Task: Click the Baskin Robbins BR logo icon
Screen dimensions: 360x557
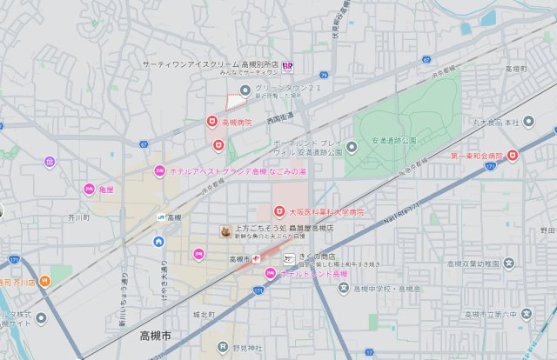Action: coord(286,67)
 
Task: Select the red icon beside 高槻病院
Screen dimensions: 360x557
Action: coord(211,123)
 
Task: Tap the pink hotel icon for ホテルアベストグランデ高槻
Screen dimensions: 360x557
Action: coord(159,170)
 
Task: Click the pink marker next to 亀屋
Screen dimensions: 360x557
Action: coord(89,189)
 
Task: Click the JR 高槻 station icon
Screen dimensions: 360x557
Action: coord(161,217)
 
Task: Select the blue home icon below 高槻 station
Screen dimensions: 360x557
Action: coord(158,242)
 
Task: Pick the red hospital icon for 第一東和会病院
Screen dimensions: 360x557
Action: coord(513,156)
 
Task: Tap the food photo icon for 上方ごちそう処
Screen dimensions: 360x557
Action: coord(225,231)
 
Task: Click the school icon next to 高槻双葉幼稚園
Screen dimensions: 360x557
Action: coord(508,263)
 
